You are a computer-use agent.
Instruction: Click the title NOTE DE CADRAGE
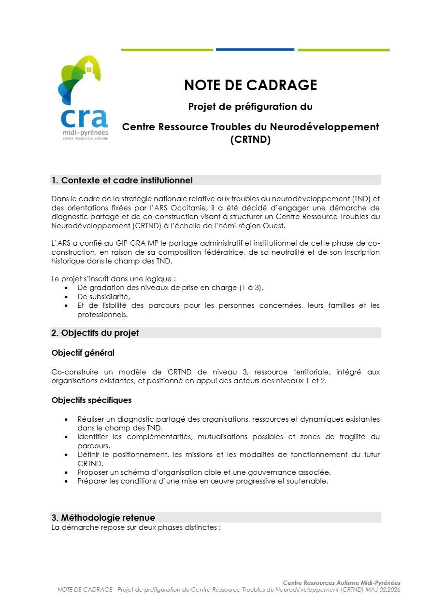(x=250, y=85)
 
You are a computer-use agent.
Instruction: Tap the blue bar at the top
(x=255, y=49)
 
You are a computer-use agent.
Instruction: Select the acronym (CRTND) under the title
(x=250, y=140)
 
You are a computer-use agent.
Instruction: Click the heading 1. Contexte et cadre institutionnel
(x=122, y=180)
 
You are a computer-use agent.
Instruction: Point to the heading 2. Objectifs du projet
(x=95, y=333)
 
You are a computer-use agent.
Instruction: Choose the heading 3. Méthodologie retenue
(x=103, y=518)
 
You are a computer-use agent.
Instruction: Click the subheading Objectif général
(x=83, y=353)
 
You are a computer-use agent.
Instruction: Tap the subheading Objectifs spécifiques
(x=91, y=400)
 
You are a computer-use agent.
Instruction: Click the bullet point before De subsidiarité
(x=66, y=297)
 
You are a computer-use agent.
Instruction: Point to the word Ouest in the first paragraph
(x=275, y=225)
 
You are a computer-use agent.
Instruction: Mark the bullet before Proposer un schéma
(x=66, y=472)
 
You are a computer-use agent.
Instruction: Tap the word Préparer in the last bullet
(x=92, y=481)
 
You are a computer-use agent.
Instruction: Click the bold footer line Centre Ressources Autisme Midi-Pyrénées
(x=342, y=583)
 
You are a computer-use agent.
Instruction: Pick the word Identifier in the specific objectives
(x=94, y=437)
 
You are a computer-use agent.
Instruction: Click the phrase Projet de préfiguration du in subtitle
(x=250, y=106)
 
